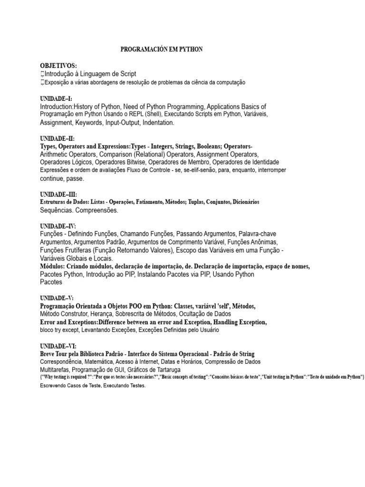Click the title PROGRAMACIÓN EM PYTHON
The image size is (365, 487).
pos(162,49)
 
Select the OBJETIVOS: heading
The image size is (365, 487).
pos(58,65)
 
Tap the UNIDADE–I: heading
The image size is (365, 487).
pos(56,98)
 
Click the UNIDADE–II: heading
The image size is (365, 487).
pos(58,138)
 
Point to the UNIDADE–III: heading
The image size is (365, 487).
pos(58,194)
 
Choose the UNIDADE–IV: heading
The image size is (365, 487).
pos(58,226)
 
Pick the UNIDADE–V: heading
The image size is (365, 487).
pos(57,298)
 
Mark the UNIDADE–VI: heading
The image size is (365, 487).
pos(58,346)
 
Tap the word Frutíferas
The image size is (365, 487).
pos(79,250)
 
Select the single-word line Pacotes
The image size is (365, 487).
pos(51,282)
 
